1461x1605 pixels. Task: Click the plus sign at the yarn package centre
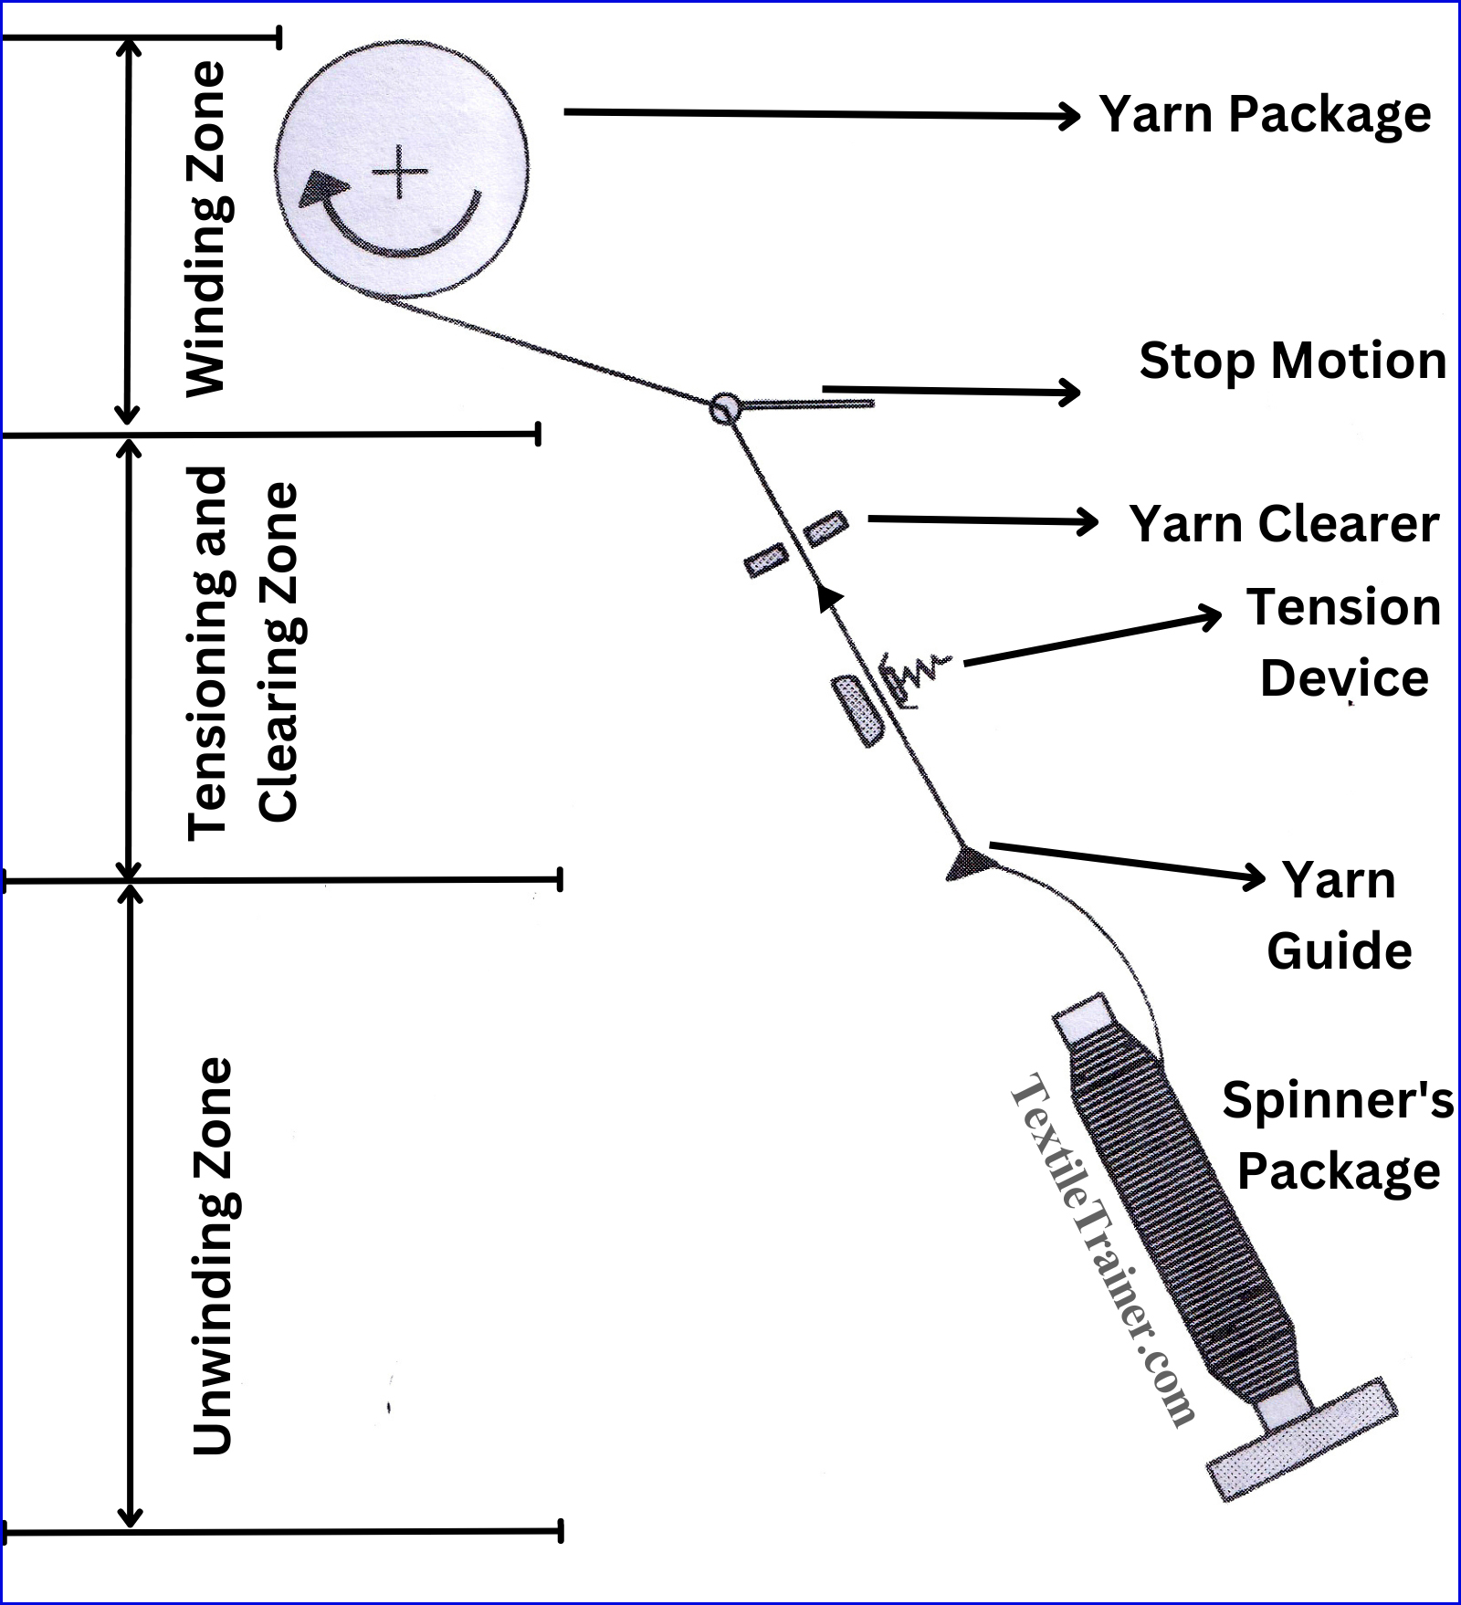[400, 173]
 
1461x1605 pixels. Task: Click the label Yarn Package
[1265, 114]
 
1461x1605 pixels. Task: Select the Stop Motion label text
[1292, 361]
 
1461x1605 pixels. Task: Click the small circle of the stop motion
[724, 407]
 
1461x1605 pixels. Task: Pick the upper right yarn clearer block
[825, 528]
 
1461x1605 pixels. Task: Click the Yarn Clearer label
[1284, 524]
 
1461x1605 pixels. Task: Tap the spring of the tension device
[918, 674]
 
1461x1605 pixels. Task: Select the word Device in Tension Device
[1344, 678]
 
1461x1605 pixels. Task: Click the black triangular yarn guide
[966, 863]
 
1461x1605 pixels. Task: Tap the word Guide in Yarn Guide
[1339, 951]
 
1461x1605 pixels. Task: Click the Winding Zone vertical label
[206, 228]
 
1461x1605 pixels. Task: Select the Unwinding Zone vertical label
[213, 1255]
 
